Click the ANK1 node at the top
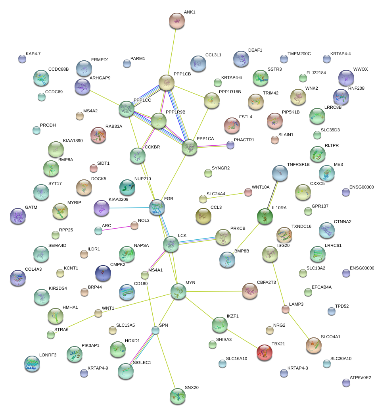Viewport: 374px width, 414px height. tap(177, 21)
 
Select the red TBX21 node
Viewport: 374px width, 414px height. tap(265, 352)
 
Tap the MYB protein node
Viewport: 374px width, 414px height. tap(178, 292)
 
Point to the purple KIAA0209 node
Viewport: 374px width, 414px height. tap(101, 208)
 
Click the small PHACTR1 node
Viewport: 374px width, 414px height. tap(230, 145)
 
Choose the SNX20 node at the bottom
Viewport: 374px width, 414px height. tap(177, 396)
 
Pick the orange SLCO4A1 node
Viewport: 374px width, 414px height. tap(314, 345)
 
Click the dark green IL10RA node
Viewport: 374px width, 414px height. tap(265, 217)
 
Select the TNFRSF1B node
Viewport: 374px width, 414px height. tap(280, 173)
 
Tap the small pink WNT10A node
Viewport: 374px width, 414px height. tap(248, 193)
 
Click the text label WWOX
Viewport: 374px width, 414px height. tap(361, 69)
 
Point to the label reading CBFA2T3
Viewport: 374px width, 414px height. tap(267, 282)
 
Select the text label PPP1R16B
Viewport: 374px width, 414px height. tap(230, 92)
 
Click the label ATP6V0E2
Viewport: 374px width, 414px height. tap(360, 377)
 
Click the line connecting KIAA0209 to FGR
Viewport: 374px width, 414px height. tap(129, 208)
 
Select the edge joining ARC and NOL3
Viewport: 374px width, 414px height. tap(117, 228)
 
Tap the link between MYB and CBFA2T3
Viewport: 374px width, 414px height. tap(214, 292)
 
